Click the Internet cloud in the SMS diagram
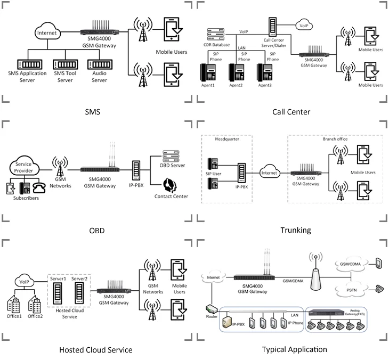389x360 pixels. tap(46, 32)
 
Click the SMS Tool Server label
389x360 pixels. tap(64, 76)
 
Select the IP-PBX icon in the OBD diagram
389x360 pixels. tap(136, 170)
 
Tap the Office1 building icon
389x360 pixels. tap(14, 305)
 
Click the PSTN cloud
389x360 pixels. tap(351, 289)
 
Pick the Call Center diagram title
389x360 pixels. tap(291, 112)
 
